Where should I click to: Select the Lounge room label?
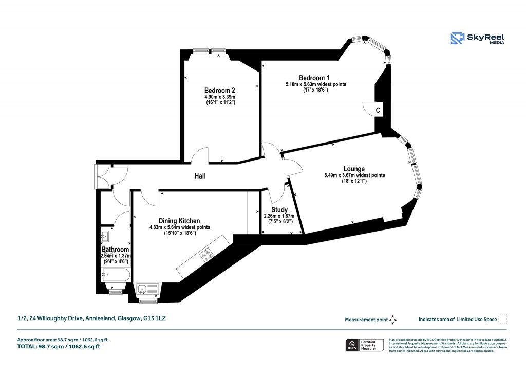pos(354,169)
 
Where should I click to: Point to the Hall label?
pos(200,176)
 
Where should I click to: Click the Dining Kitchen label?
pos(179,221)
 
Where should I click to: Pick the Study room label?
pos(279,209)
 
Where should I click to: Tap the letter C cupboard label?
pos(378,110)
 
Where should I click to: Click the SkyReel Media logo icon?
pos(457,39)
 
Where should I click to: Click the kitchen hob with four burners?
pos(208,254)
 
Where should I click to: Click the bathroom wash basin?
pos(106,236)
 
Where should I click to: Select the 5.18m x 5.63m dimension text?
pos(315,84)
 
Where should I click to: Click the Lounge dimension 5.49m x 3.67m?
pos(354,175)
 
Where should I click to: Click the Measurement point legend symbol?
pos(392,320)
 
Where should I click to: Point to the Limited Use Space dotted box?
pos(503,319)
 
